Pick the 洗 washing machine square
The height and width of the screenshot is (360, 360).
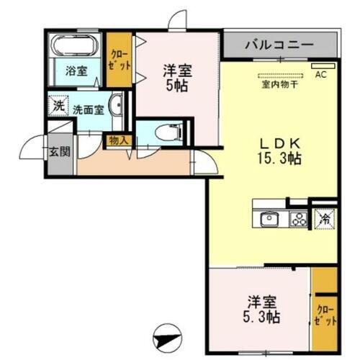[x=58, y=105]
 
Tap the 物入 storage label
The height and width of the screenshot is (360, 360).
[x=117, y=142]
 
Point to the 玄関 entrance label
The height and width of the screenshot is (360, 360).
[x=59, y=152]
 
